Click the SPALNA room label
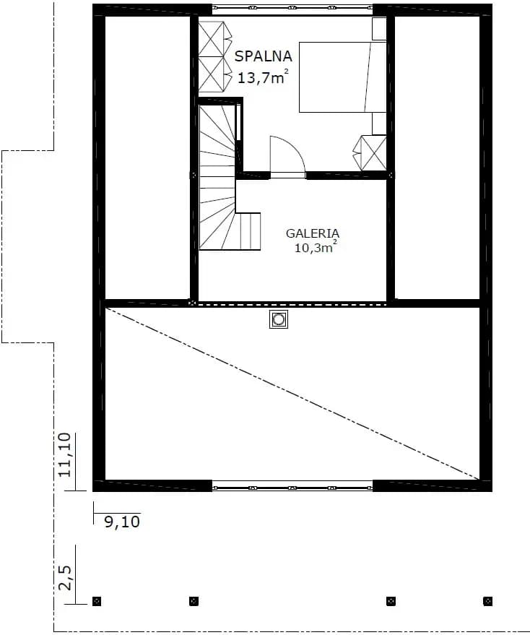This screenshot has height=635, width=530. [x=263, y=56]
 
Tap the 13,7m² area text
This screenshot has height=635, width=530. [x=263, y=77]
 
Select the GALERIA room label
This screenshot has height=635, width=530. [x=313, y=233]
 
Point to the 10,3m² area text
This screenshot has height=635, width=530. [x=316, y=246]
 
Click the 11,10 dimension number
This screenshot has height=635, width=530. [x=65, y=455]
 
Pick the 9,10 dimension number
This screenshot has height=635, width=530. [x=122, y=522]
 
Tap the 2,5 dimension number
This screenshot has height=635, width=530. [x=65, y=578]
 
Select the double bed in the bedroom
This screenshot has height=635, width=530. [x=342, y=77]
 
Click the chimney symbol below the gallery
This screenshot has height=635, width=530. [x=279, y=319]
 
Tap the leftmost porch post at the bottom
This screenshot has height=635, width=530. [x=96, y=601]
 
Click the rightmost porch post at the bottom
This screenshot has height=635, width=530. [x=488, y=601]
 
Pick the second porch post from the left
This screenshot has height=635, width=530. [x=194, y=601]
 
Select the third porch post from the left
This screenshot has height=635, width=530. [x=391, y=601]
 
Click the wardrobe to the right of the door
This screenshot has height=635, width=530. [x=370, y=153]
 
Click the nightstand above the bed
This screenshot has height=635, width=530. [x=379, y=29]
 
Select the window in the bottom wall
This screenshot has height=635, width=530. [x=292, y=486]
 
